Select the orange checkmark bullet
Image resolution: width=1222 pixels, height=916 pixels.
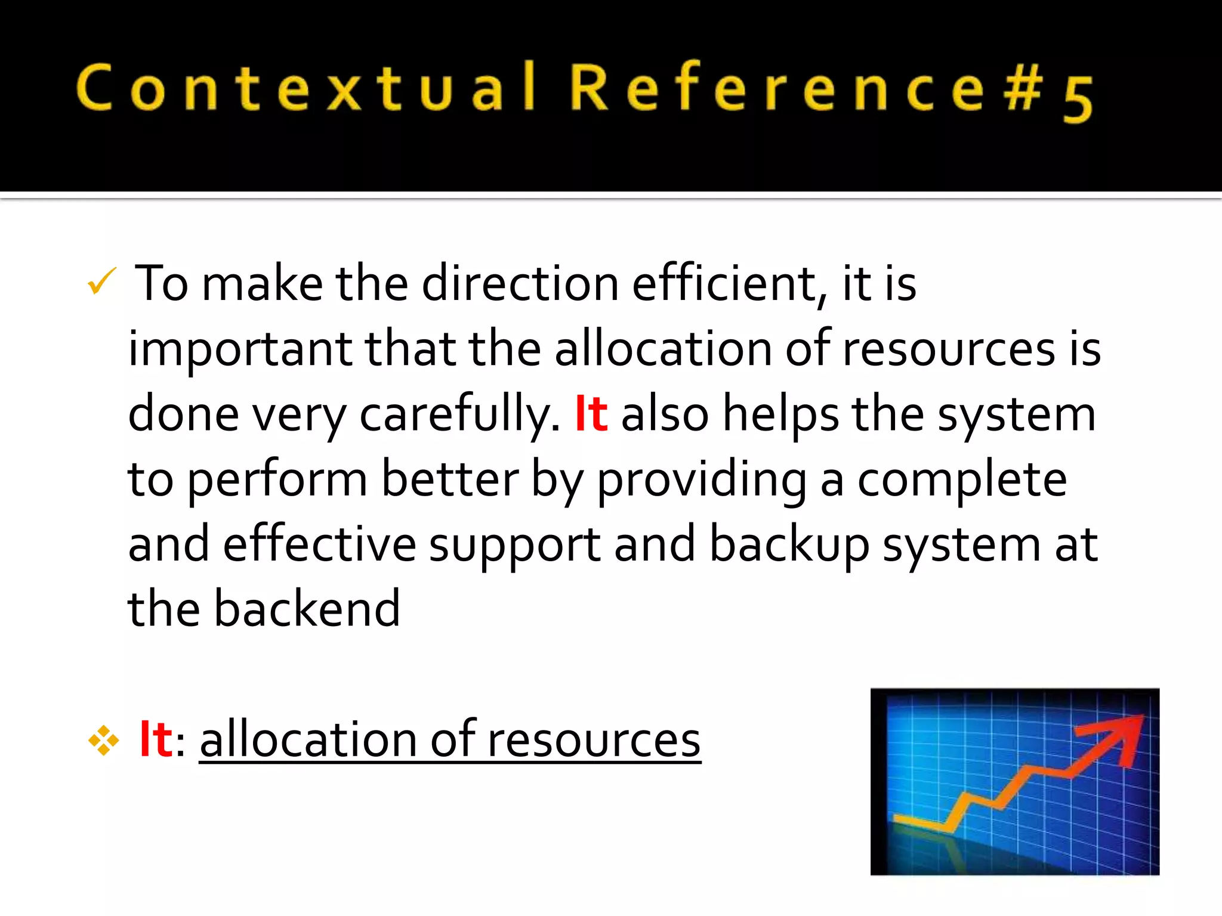(x=101, y=281)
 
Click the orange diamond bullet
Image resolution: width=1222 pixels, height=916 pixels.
(x=104, y=741)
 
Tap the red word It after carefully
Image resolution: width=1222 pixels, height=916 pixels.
(x=591, y=414)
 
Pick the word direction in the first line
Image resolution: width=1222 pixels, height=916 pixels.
(x=520, y=284)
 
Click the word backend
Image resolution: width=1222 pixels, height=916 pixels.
(x=307, y=609)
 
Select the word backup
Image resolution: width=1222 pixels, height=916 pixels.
(x=789, y=545)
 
